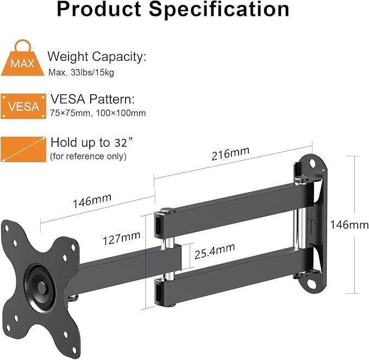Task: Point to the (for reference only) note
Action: tap(88, 157)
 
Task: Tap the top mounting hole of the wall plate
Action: tap(311, 163)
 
